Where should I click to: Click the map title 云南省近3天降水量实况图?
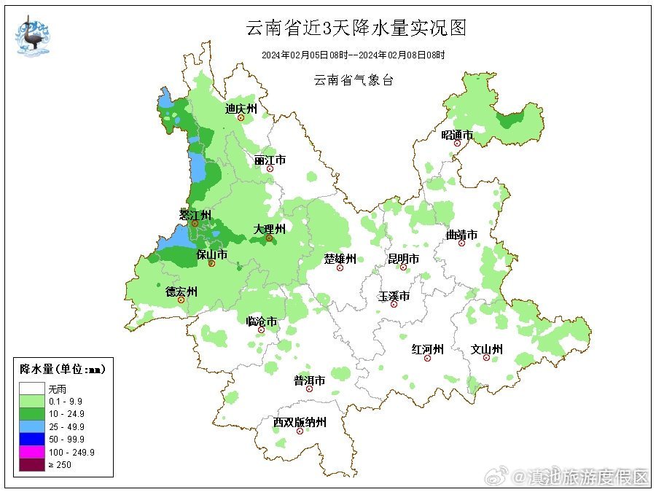(x=355, y=28)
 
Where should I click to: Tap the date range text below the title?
(x=354, y=55)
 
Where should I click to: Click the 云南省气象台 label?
(x=354, y=80)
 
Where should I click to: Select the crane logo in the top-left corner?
(x=33, y=35)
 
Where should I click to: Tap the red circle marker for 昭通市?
(x=458, y=144)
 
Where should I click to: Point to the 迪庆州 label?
(x=241, y=109)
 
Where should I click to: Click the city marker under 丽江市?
(x=270, y=169)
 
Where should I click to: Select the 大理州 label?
(x=269, y=229)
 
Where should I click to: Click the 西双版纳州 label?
(x=300, y=422)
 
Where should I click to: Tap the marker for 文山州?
(x=486, y=358)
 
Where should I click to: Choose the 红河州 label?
(x=427, y=349)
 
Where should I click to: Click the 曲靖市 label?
(x=461, y=235)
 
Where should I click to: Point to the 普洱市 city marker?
(x=309, y=389)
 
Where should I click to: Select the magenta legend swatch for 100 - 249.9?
(x=32, y=452)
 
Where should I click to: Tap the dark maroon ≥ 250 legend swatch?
(x=32, y=465)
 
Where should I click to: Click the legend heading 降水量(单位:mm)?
(x=63, y=370)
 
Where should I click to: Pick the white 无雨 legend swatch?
(x=32, y=388)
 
